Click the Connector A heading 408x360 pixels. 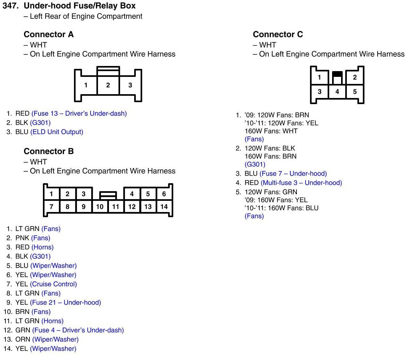pos(49,34)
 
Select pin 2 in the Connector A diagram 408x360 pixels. pos(108,85)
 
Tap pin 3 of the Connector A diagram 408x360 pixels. pos(130,85)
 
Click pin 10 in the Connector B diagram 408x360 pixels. pos(100,207)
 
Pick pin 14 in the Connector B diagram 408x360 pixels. pos(164,207)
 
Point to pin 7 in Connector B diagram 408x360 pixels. pos(51,207)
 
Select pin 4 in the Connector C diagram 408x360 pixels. pos(337,92)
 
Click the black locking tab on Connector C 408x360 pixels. pos(337,74)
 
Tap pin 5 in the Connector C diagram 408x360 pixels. pos(355,92)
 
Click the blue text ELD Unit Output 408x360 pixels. pos(57,132)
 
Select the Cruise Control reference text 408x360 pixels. pos(53,284)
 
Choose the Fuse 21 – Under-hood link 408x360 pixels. pos(65,303)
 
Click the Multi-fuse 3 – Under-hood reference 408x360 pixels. pos(301,183)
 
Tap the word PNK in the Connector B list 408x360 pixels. pos(22,238)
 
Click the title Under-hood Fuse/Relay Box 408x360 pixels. pos(80,6)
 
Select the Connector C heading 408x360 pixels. pos(278,34)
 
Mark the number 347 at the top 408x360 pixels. pos(10,6)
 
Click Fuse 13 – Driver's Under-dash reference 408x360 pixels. pos(79,113)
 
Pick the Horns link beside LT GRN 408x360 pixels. pos(53,321)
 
